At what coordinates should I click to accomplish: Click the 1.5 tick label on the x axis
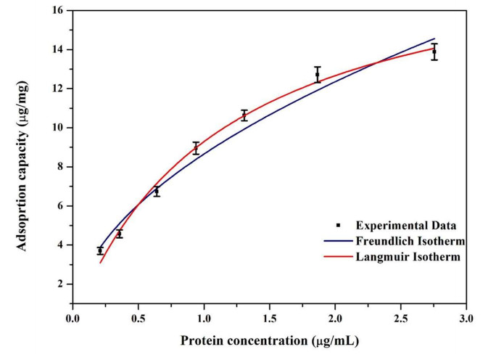[269, 317]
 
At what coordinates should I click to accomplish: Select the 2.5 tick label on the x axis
[400, 317]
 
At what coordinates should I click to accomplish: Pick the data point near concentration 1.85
[317, 75]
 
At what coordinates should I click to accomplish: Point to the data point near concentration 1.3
[244, 115]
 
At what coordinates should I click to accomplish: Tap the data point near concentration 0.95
[196, 148]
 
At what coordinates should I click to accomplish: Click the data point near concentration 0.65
[157, 191]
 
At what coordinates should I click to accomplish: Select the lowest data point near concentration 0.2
[100, 250]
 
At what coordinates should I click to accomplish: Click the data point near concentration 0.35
[120, 234]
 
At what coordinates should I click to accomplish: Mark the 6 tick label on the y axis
[61, 206]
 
